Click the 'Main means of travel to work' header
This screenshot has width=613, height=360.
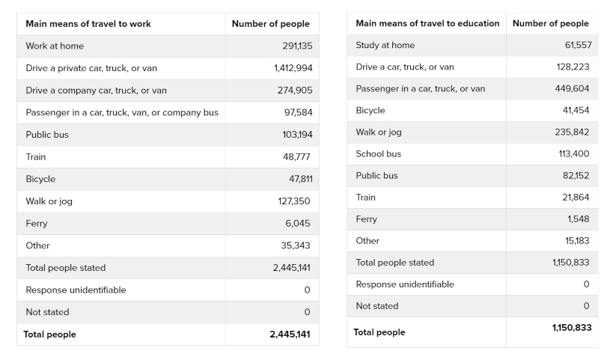pyautogui.click(x=88, y=24)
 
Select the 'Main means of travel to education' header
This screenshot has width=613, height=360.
pyautogui.click(x=427, y=23)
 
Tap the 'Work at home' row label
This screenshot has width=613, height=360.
pyautogui.click(x=55, y=46)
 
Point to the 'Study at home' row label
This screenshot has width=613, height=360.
pyautogui.click(x=385, y=45)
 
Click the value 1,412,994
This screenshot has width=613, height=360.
pyautogui.click(x=293, y=68)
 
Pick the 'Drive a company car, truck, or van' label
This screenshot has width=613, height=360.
pyautogui.click(x=96, y=91)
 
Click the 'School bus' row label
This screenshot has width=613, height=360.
pyautogui.click(x=378, y=153)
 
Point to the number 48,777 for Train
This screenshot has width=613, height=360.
pyautogui.click(x=296, y=157)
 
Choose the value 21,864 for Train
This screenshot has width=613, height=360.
pyautogui.click(x=576, y=197)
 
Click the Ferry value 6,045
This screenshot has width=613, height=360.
pyautogui.click(x=298, y=223)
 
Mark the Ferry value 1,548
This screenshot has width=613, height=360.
pyautogui.click(x=579, y=219)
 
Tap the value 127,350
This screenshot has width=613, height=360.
pyautogui.click(x=294, y=201)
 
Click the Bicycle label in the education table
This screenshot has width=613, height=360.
pyautogui.click(x=370, y=110)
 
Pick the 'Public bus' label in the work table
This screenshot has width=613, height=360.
pyautogui.click(x=47, y=135)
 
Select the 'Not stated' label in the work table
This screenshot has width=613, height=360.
pyautogui.click(x=47, y=312)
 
